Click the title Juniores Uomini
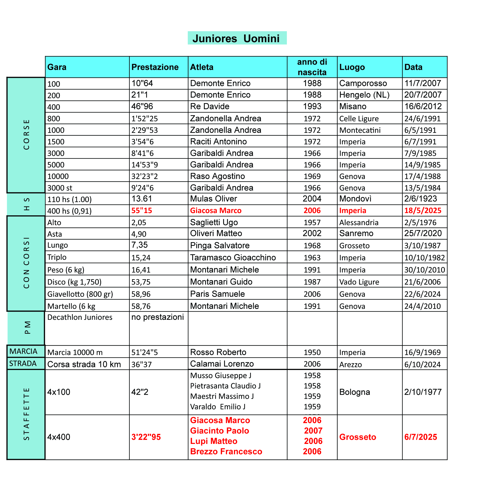[x=237, y=39]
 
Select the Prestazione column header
[x=155, y=67]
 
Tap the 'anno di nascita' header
[x=312, y=67]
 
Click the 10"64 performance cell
[x=142, y=83]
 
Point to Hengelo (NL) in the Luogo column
[x=364, y=95]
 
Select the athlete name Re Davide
[x=209, y=106]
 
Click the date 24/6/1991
[x=422, y=118]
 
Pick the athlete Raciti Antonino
[x=218, y=141]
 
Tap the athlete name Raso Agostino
[x=217, y=176]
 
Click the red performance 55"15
[x=142, y=211]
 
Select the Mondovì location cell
[x=355, y=199]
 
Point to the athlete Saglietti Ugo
[x=214, y=222]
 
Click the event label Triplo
[x=57, y=257]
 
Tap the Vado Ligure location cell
[x=359, y=282]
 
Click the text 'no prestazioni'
[x=157, y=317]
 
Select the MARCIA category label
[x=23, y=351]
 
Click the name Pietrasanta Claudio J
[x=225, y=386]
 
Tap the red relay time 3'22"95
[x=146, y=437]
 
